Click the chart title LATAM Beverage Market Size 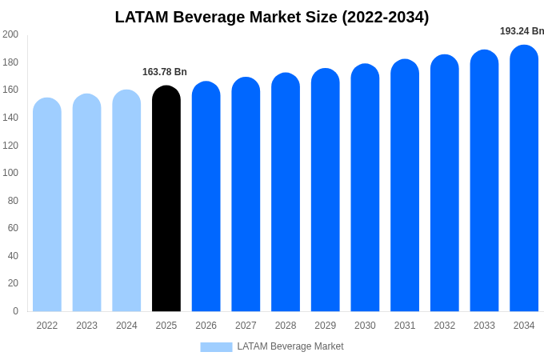pos(272,17)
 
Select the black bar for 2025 pos(166,200)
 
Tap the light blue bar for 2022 pos(47,206)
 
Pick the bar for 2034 pos(524,179)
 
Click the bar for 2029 pos(325,191)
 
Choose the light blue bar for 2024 pos(126,202)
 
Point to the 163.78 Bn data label pos(165,72)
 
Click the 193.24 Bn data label pos(522,31)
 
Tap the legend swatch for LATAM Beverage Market pos(216,347)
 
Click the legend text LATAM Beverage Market pos(290,347)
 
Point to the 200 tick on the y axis pos(10,34)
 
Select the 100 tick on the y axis pos(10,173)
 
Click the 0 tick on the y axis pos(15,311)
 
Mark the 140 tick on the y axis pos(10,118)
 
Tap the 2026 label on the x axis pos(206,326)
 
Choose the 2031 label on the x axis pos(405,326)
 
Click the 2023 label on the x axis pos(86,326)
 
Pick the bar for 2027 pos(246,195)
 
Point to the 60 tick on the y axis pos(13,228)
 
